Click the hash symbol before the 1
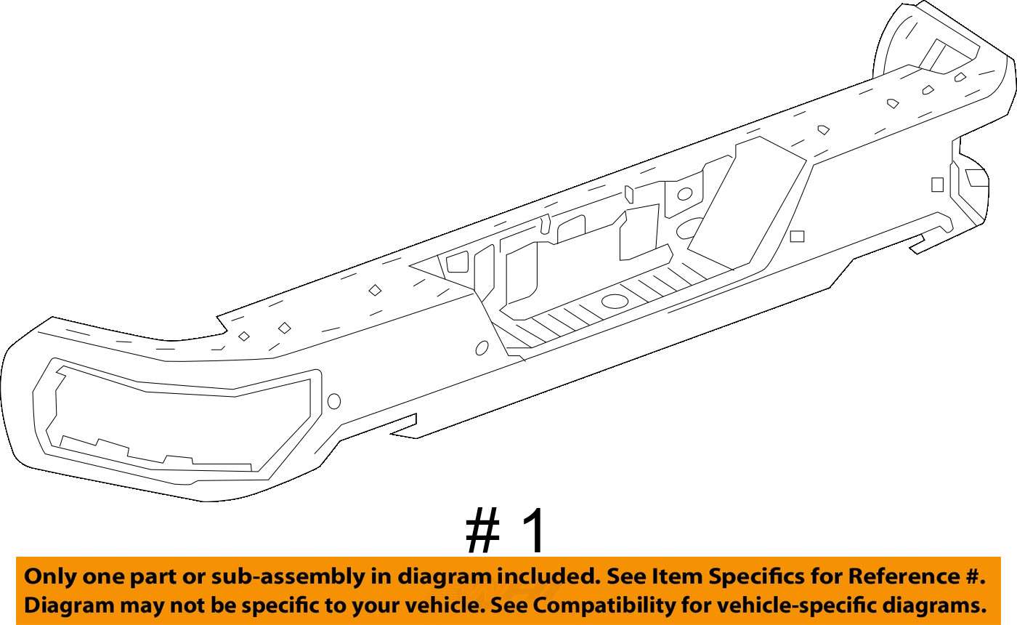483,533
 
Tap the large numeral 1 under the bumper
534,533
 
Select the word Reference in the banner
914,577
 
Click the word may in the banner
134,605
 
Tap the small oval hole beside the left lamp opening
334,400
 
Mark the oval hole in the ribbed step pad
615,301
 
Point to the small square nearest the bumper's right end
937,185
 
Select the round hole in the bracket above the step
684,194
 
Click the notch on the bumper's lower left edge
404,427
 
